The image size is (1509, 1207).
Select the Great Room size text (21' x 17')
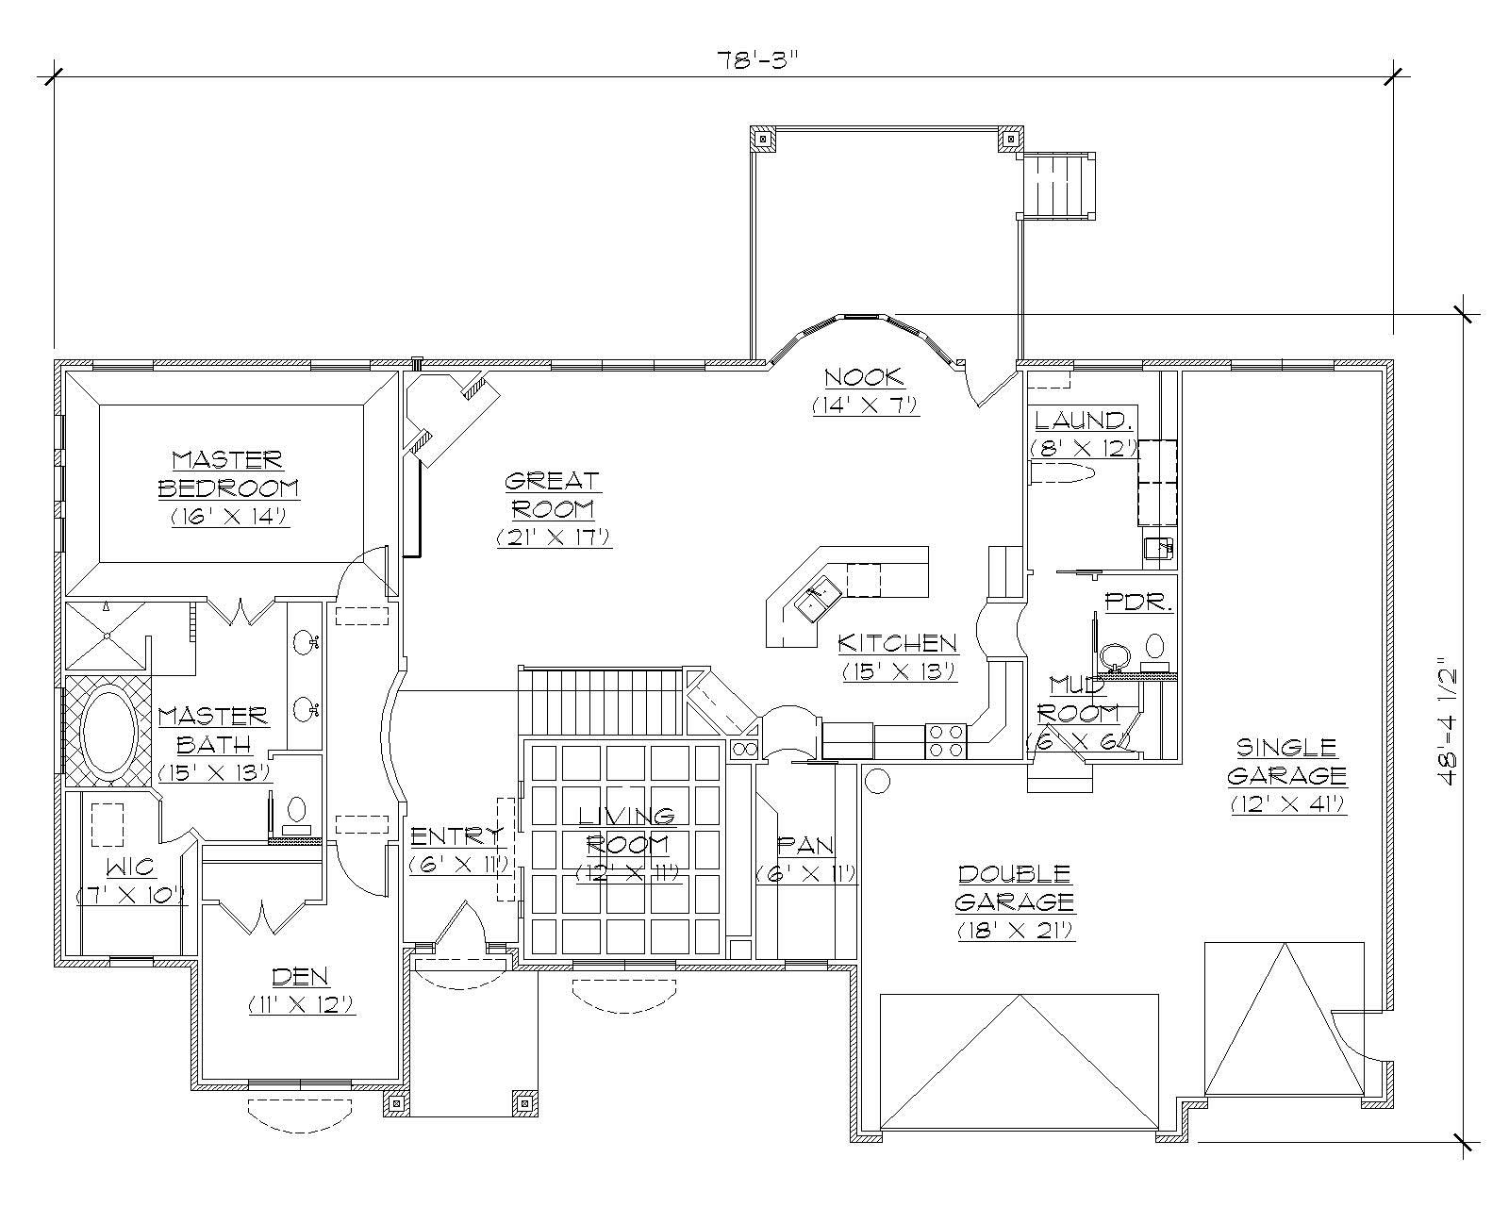pyautogui.click(x=555, y=537)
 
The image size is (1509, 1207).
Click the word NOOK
pyautogui.click(x=864, y=378)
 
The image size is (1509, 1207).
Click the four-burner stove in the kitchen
pyautogui.click(x=946, y=740)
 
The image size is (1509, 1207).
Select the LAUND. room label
pyautogui.click(x=1082, y=421)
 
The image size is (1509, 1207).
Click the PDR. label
pyautogui.click(x=1138, y=602)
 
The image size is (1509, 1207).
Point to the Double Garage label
pyautogui.click(x=1014, y=887)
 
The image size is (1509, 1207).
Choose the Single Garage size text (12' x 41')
pyautogui.click(x=1286, y=804)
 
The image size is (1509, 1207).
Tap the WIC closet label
pyautogui.click(x=129, y=866)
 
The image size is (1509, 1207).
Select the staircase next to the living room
pyautogui.click(x=601, y=700)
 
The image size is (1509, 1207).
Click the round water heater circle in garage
pyautogui.click(x=877, y=781)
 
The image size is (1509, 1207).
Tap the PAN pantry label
pyautogui.click(x=804, y=845)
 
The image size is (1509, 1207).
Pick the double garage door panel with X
pyautogui.click(x=1019, y=1061)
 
